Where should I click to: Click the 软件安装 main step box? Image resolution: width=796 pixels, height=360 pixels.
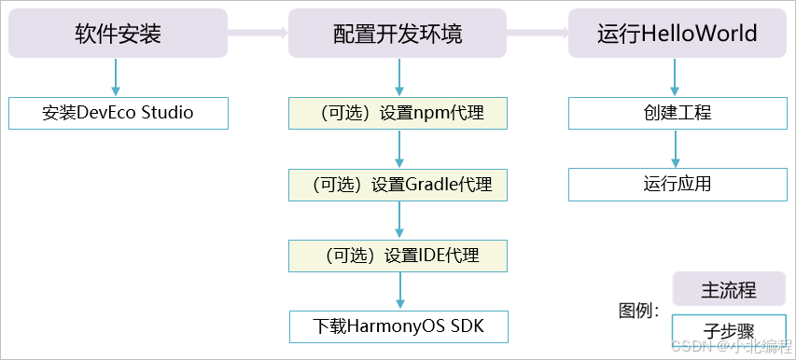[x=118, y=35]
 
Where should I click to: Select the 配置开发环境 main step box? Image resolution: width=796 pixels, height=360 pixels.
[x=398, y=35]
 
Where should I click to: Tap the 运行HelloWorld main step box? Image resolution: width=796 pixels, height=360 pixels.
[x=677, y=35]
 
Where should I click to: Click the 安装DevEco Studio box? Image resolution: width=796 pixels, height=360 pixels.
[x=118, y=113]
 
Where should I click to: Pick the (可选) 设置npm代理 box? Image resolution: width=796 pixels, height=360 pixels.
[x=398, y=113]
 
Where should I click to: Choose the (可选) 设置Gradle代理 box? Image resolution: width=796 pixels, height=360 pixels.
[x=398, y=185]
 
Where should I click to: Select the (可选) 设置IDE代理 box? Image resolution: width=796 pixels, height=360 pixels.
[x=398, y=256]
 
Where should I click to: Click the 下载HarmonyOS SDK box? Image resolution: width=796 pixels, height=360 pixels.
[x=398, y=326]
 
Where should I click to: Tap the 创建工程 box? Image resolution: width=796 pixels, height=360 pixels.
[x=677, y=113]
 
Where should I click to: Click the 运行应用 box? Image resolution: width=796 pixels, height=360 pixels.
[x=677, y=184]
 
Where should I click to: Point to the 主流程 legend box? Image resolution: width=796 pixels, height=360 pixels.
[x=728, y=289]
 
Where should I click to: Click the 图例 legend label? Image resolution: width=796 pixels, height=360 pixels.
[x=639, y=311]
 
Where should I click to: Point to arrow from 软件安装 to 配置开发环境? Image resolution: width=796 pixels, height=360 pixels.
[x=258, y=35]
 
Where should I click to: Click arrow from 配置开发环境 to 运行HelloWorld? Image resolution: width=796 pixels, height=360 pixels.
[x=538, y=35]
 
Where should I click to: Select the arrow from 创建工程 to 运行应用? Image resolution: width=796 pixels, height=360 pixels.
[x=677, y=148]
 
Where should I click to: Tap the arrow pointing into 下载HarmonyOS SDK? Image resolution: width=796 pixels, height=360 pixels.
[x=399, y=291]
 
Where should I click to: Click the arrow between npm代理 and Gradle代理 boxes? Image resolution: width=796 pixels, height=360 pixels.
[x=399, y=148]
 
